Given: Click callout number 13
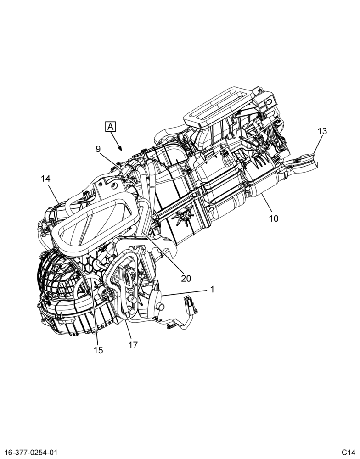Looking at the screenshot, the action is pyautogui.click(x=322, y=131).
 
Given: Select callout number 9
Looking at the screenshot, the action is pyautogui.click(x=98, y=149).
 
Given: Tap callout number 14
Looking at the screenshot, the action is pyautogui.click(x=46, y=179).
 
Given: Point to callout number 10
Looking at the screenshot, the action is pyautogui.click(x=274, y=218).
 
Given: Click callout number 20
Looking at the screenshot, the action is pyautogui.click(x=186, y=278).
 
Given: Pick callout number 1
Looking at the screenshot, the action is pyautogui.click(x=212, y=290).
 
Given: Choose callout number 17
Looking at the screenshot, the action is pyautogui.click(x=133, y=345).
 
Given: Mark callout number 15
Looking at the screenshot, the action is pyautogui.click(x=98, y=350).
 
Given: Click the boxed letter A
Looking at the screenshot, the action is pyautogui.click(x=110, y=127).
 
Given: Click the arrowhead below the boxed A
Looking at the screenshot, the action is pyautogui.click(x=120, y=148).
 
